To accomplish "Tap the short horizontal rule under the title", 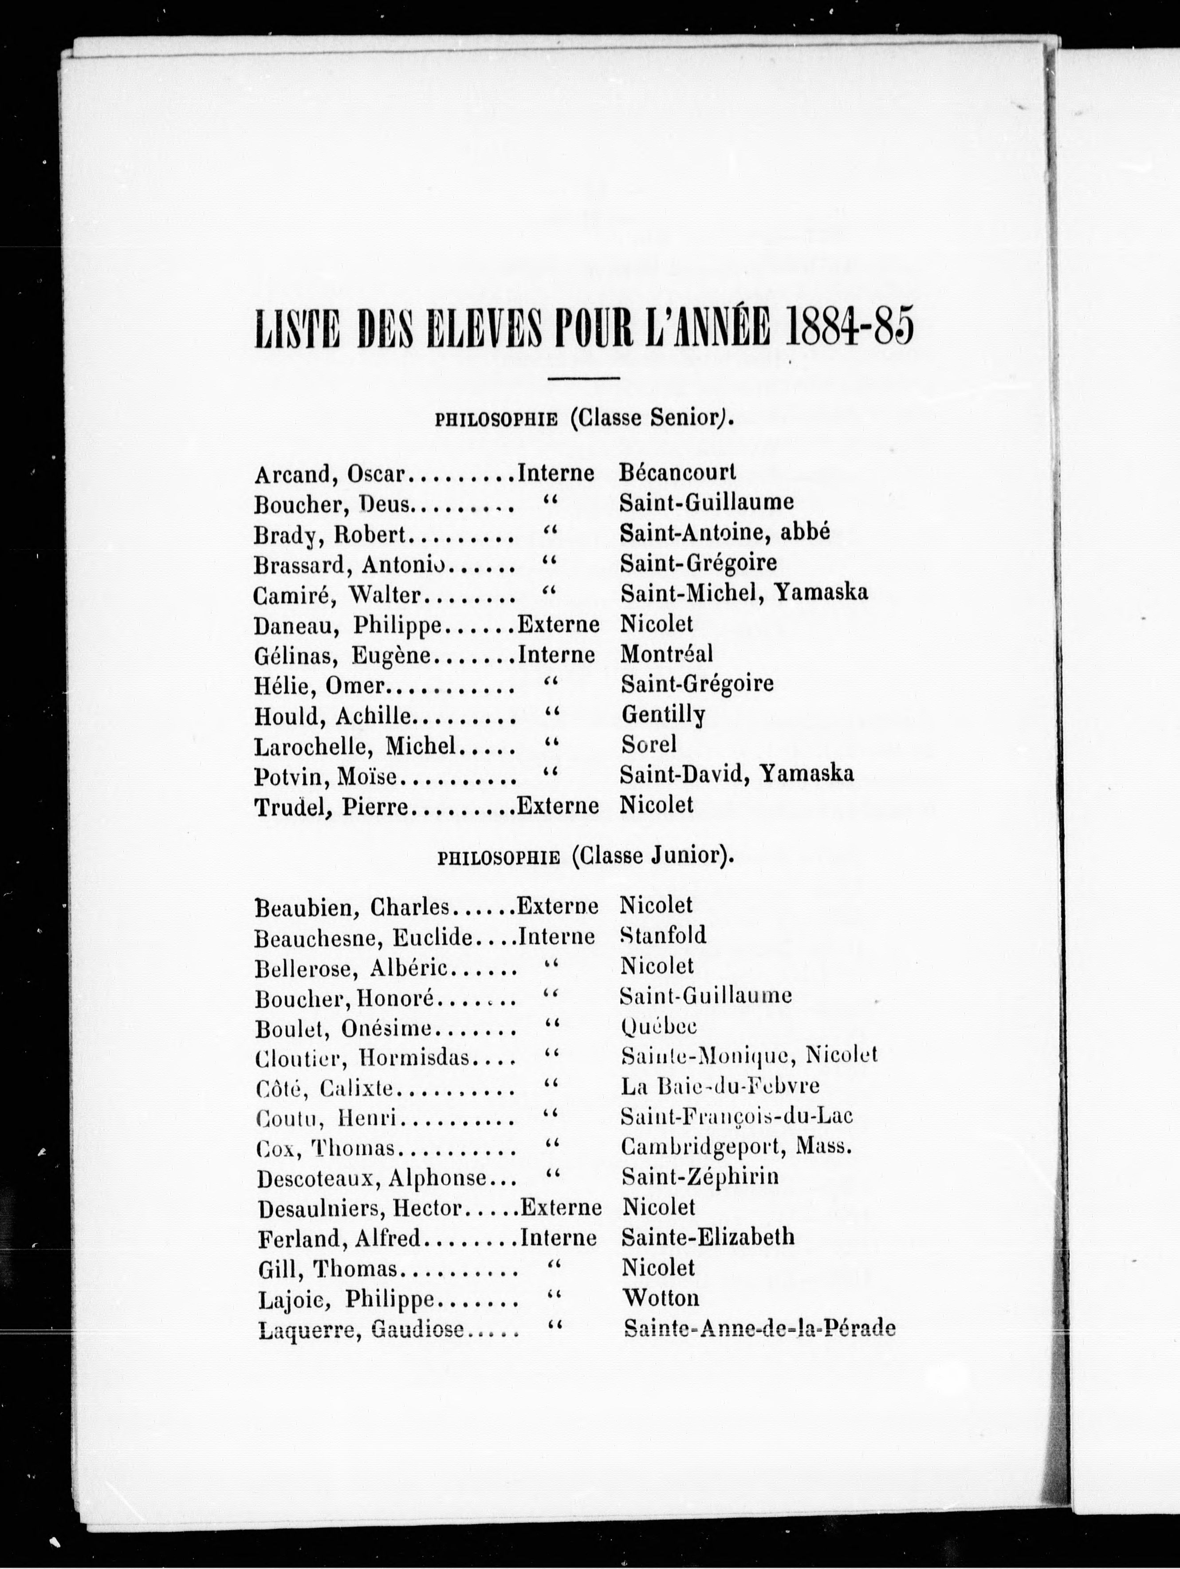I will pos(584,377).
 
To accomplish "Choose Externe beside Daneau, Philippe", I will pos(558,624).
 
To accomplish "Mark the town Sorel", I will pos(648,744).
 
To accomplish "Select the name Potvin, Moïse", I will pos(325,776).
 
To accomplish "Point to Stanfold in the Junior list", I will pos(663,935).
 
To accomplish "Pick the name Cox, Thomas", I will pos(326,1147).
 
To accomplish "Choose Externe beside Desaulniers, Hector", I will pos(560,1207).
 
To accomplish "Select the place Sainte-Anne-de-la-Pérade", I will pos(759,1329).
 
